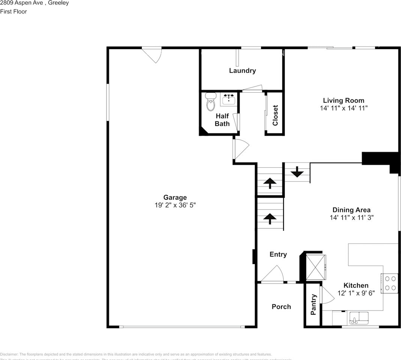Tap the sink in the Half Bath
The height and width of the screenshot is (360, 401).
coord(228,100)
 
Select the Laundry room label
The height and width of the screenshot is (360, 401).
coord(242,70)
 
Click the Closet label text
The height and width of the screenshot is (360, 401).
coord(275,115)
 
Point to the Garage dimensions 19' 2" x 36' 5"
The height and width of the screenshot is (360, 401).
coord(175,205)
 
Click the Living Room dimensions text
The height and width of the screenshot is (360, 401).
coord(344,108)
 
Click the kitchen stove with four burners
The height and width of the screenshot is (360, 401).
coord(390,283)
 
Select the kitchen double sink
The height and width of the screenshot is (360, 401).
coord(359,318)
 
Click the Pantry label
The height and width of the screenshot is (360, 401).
coord(314,304)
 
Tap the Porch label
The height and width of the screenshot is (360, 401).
coord(281,307)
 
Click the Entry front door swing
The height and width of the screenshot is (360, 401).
coord(273,274)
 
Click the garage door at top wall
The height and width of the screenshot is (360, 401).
coord(153,55)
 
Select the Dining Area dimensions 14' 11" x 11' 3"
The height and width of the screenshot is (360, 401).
coord(351,217)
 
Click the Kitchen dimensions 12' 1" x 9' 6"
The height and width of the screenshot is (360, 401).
coord(356,293)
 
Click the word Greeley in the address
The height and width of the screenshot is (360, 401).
coord(59,3)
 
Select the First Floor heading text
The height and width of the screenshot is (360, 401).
coord(14,11)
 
